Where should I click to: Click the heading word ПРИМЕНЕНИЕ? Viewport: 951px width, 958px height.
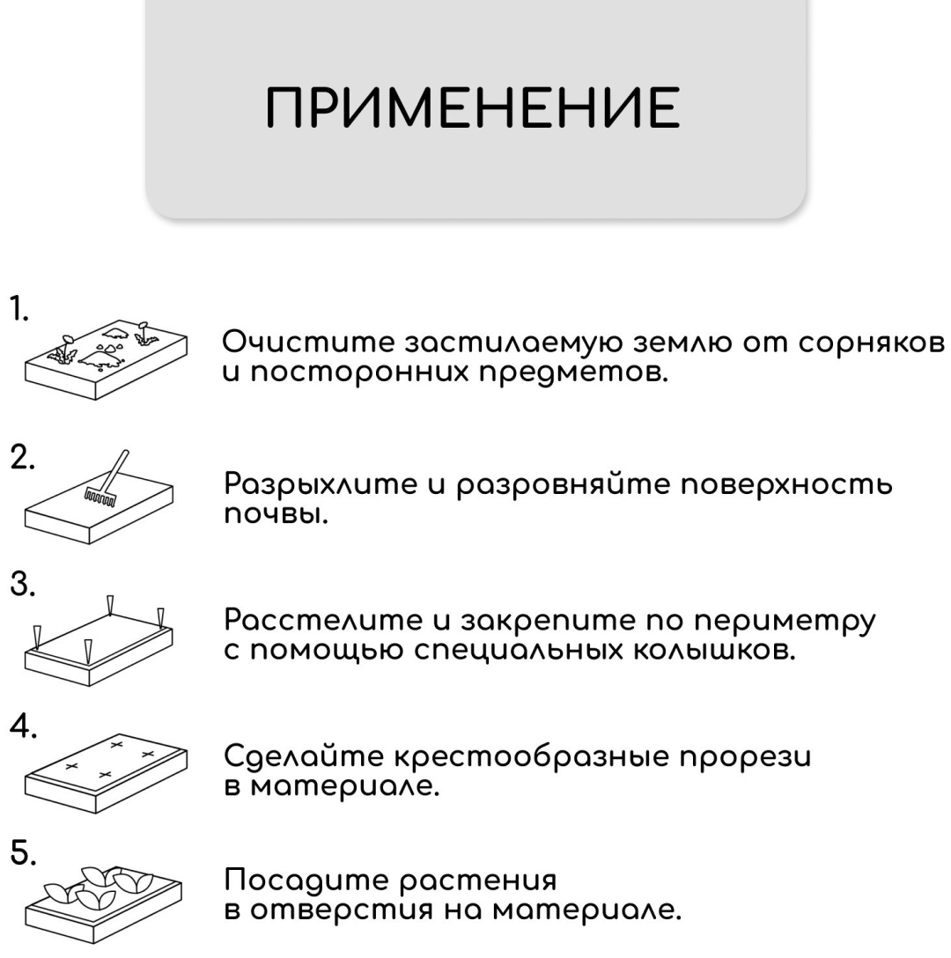(x=473, y=107)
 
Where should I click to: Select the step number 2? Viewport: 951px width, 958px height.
(x=22, y=457)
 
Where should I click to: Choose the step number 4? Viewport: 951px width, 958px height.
(x=23, y=726)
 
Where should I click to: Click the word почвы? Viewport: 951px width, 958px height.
(x=276, y=514)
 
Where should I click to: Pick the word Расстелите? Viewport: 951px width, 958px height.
(x=323, y=621)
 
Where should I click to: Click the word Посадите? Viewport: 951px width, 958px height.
(x=306, y=881)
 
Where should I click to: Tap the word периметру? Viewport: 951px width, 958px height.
(x=785, y=622)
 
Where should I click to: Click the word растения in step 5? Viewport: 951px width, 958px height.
(x=478, y=882)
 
